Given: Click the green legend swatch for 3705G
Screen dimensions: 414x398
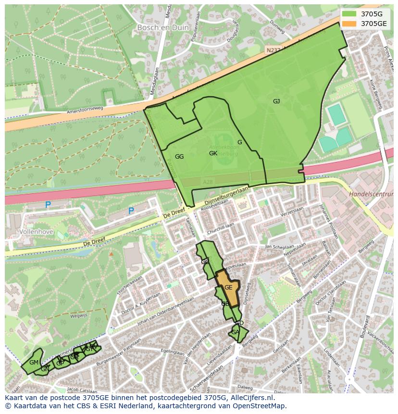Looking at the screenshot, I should point(349,13).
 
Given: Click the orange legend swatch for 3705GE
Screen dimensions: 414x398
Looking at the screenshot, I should point(349,23).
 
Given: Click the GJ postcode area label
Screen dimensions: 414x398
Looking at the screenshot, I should point(276,101).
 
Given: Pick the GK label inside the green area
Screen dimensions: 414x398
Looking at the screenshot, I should point(213,153).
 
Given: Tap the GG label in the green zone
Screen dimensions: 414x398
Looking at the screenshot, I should point(179,157).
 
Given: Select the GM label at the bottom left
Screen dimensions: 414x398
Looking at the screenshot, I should point(34,362).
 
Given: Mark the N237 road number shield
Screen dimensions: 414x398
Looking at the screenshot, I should point(272,50).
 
